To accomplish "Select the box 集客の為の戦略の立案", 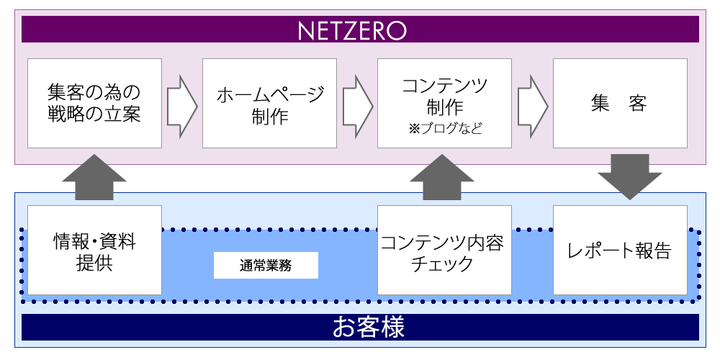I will pyautogui.click(x=94, y=103).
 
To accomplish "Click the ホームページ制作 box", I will pyautogui.click(x=269, y=103).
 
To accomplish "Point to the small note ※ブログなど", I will pyautogui.click(x=444, y=130).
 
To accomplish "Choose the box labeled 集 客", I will pyautogui.click(x=619, y=103).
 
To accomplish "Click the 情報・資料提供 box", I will pyautogui.click(x=94, y=250).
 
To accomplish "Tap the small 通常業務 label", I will pyautogui.click(x=266, y=266).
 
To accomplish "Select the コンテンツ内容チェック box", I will pyautogui.click(x=444, y=250).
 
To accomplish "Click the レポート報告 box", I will pyautogui.click(x=619, y=250).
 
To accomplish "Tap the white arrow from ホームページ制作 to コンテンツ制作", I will pyautogui.click(x=357, y=104).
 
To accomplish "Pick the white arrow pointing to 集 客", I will pyautogui.click(x=532, y=104).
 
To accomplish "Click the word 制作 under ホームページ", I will pyautogui.click(x=270, y=115).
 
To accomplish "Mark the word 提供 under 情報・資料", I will pyautogui.click(x=94, y=263).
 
